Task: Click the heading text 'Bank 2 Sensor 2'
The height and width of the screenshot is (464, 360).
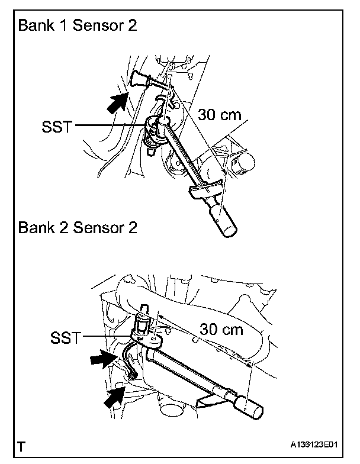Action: [78, 227]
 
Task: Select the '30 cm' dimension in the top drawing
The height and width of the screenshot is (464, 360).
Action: [219, 114]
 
